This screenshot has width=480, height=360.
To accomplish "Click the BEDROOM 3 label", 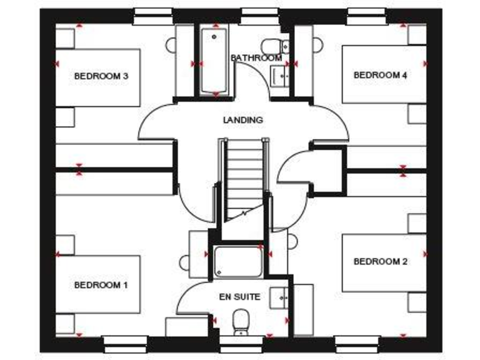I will [x=101, y=76].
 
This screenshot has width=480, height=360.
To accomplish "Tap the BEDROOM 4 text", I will [x=380, y=75].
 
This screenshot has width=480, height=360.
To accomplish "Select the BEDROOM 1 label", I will [x=101, y=285].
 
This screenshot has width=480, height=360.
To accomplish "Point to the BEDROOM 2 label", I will [x=380, y=261].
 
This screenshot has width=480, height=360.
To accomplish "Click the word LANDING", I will [x=242, y=120].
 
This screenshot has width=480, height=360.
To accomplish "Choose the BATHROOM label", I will [x=256, y=58].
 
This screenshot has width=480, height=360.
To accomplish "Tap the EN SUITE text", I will [x=239, y=297].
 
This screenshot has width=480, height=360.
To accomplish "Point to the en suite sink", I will [x=279, y=297].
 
